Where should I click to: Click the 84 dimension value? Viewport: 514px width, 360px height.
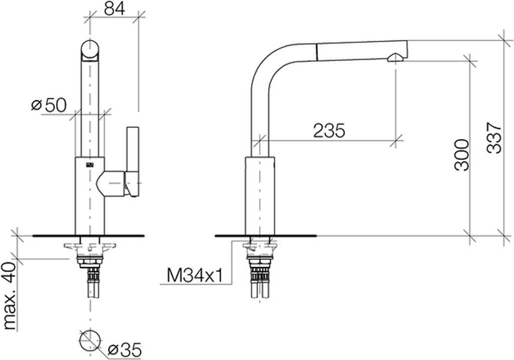(115, 9)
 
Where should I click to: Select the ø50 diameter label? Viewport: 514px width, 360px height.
(49, 105)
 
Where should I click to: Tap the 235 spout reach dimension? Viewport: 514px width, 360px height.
(329, 131)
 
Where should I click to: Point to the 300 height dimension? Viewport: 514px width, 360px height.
(462, 155)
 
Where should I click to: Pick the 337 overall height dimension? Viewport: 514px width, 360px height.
(494, 138)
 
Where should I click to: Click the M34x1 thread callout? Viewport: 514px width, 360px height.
(195, 275)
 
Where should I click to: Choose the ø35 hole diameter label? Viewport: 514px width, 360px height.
(124, 350)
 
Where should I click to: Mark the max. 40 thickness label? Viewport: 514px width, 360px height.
(10, 296)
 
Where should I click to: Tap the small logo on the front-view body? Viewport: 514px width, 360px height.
(90, 165)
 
